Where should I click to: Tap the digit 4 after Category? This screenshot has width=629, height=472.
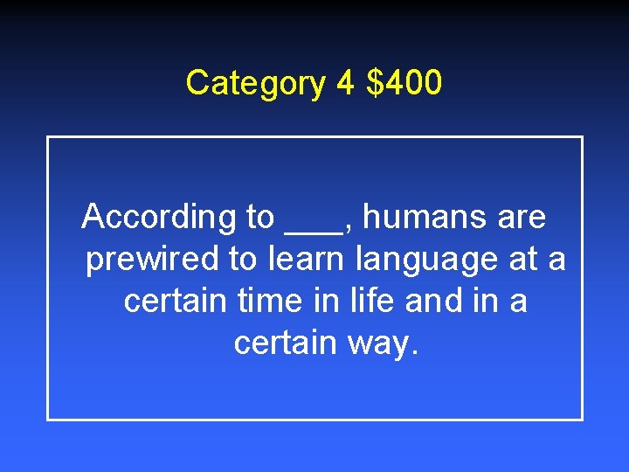[x=344, y=84]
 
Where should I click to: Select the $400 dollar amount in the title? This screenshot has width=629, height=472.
[x=404, y=84]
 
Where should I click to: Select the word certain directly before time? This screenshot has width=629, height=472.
[x=177, y=302]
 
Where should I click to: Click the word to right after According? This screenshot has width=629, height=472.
[x=256, y=218]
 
